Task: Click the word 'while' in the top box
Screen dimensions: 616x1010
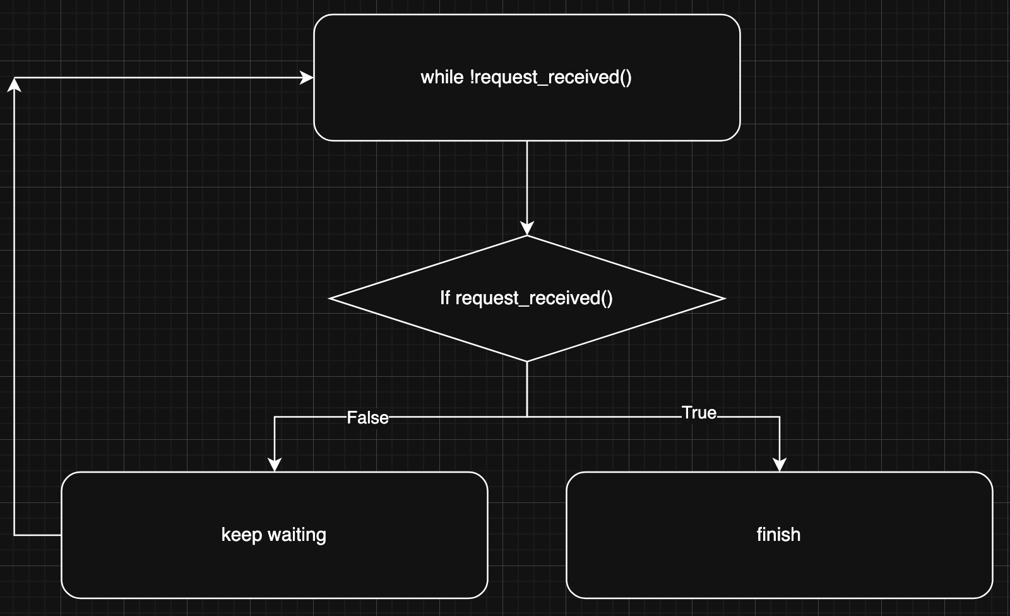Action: click(442, 77)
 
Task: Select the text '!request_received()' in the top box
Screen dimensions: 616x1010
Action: click(550, 77)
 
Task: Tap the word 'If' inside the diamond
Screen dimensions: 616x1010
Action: click(445, 298)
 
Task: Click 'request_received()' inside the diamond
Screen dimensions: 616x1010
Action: click(534, 298)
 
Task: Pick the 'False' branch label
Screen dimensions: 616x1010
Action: click(367, 418)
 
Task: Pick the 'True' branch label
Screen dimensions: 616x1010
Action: click(699, 413)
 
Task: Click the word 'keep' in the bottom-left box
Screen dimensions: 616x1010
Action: click(241, 535)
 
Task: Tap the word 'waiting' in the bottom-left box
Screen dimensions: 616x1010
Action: click(297, 535)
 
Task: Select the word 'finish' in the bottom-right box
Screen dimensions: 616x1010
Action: click(778, 535)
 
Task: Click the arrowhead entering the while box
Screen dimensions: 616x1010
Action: click(307, 78)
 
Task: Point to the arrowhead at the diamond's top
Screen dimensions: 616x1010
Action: click(527, 228)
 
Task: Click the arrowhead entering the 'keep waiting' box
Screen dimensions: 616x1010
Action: click(275, 465)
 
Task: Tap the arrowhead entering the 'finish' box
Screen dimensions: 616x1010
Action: click(780, 465)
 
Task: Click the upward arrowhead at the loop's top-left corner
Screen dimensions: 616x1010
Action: click(14, 85)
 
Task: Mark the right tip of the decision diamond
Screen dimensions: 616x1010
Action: click(724, 299)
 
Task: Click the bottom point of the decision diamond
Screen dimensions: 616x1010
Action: click(527, 361)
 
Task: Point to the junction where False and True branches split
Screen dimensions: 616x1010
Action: click(527, 417)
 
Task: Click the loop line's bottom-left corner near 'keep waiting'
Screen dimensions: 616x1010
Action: click(14, 535)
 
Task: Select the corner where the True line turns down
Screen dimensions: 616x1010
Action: click(780, 417)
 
